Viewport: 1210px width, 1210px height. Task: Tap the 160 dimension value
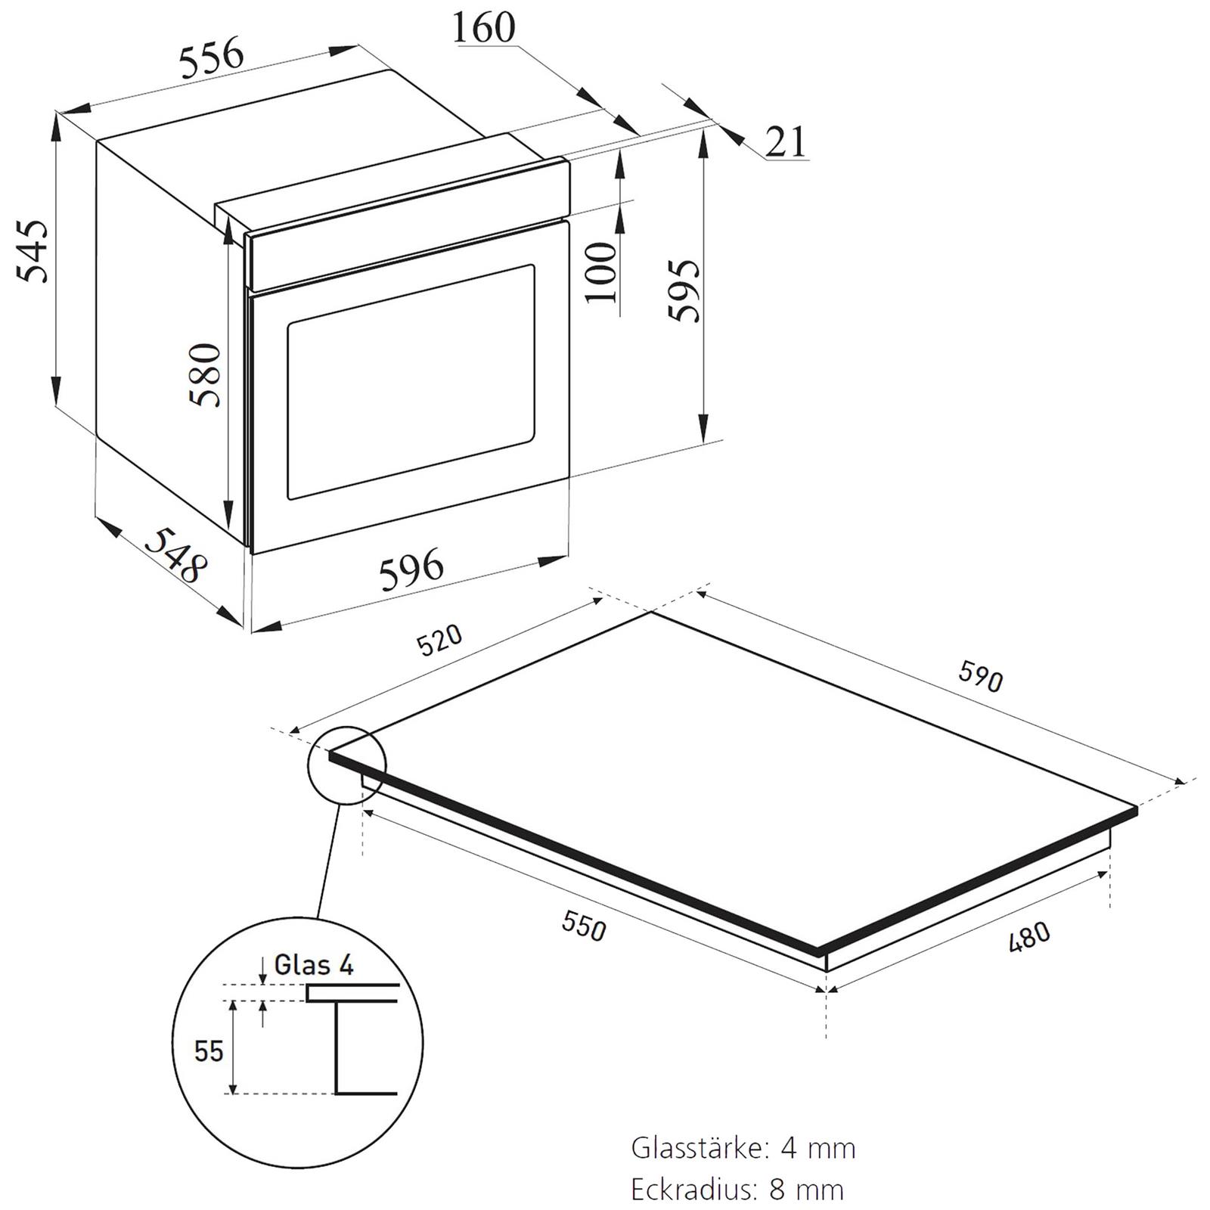483,28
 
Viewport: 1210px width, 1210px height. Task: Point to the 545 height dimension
33,251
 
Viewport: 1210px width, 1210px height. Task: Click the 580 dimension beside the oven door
206,375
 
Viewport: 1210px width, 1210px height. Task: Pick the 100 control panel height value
602,271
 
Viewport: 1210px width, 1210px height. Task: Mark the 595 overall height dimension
685,290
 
